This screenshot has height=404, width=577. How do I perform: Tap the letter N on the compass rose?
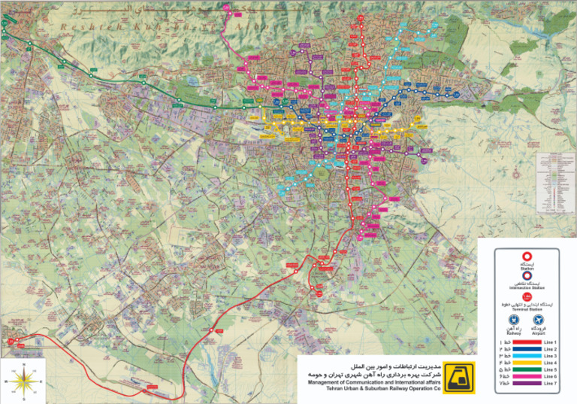pyautogui.click(x=24, y=366)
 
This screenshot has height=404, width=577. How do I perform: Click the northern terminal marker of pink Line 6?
pyautogui.click(x=228, y=7)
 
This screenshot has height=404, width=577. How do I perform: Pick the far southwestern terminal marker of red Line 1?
pyautogui.click(x=11, y=342)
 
